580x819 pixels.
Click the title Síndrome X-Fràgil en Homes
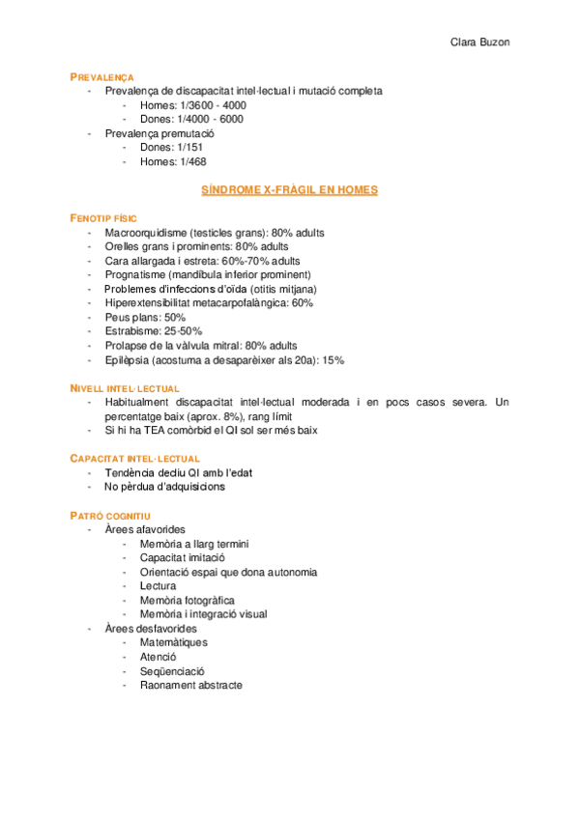coord(289,190)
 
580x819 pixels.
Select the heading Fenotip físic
coord(105,218)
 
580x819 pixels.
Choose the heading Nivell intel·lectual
coord(118,387)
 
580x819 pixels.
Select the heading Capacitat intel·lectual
coord(134,458)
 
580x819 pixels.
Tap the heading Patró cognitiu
coord(109,515)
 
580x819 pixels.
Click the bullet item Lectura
coord(158,585)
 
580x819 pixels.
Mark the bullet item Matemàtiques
coord(173,642)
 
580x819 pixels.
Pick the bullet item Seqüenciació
coord(172,671)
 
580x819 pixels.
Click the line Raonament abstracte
coord(190,685)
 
